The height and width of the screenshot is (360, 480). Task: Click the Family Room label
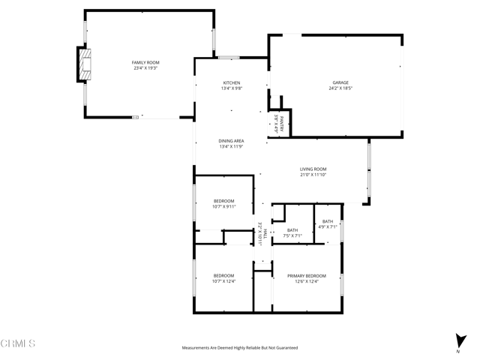click(145, 62)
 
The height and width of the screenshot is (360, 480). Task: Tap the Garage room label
click(340, 82)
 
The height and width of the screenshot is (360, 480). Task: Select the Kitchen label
click(231, 82)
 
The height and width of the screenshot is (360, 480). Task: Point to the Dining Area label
click(231, 141)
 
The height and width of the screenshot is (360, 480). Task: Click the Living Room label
click(313, 169)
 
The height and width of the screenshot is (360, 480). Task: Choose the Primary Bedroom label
click(307, 276)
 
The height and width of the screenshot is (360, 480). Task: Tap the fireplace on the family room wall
click(83, 64)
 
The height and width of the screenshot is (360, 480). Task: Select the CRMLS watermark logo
click(18, 344)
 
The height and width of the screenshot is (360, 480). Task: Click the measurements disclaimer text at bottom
click(240, 348)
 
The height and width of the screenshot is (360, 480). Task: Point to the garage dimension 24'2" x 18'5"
click(340, 88)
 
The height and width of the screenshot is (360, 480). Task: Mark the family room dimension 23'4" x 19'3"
click(145, 68)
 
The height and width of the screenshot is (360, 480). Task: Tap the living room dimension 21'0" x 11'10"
click(313, 175)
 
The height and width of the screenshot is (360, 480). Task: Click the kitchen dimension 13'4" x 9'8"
click(231, 88)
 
